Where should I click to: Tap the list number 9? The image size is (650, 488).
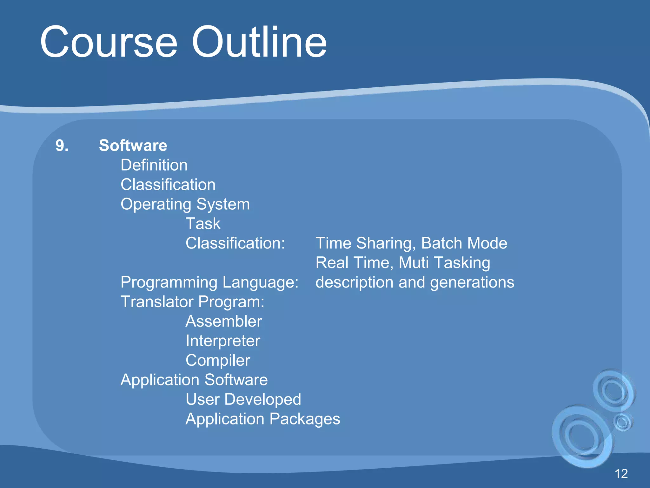pyautogui.click(x=62, y=146)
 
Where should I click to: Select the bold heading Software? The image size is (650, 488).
pyautogui.click(x=133, y=146)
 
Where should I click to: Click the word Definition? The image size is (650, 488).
pyautogui.click(x=154, y=165)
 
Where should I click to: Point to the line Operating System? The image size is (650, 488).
pyautogui.click(x=185, y=204)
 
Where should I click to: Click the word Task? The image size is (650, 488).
pyautogui.click(x=203, y=224)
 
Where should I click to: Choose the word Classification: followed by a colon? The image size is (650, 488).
pyautogui.click(x=235, y=243)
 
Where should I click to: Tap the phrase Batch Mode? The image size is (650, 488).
pyautogui.click(x=464, y=243)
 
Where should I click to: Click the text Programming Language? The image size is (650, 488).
pyautogui.click(x=209, y=282)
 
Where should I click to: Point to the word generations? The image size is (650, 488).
pyautogui.click(x=472, y=282)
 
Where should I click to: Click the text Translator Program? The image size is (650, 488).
pyautogui.click(x=192, y=302)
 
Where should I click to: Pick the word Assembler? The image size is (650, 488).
pyautogui.click(x=224, y=322)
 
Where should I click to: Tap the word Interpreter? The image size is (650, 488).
pyautogui.click(x=223, y=341)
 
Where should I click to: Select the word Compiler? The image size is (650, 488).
pyautogui.click(x=218, y=361)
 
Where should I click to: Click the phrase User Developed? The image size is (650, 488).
pyautogui.click(x=243, y=399)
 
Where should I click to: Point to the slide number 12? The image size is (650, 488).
pyautogui.click(x=621, y=474)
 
